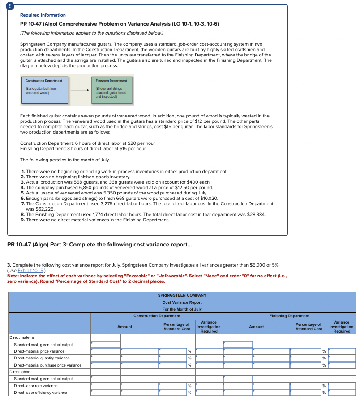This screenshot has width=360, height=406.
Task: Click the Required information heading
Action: tap(43, 15)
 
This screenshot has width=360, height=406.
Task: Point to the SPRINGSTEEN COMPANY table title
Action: tap(182, 295)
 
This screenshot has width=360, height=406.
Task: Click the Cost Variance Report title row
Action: tap(182, 302)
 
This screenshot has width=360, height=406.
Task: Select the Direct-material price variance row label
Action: tap(39, 351)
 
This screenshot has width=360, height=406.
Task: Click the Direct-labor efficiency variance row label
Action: tap(40, 393)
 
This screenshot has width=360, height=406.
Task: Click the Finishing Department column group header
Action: tap(289, 316)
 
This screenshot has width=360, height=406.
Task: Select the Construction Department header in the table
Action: tap(157, 316)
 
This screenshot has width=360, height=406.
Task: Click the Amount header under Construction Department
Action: tap(124, 327)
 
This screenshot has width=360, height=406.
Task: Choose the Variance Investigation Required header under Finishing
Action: tap(342, 327)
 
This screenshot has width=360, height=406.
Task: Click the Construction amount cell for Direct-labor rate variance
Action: tap(106, 386)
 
